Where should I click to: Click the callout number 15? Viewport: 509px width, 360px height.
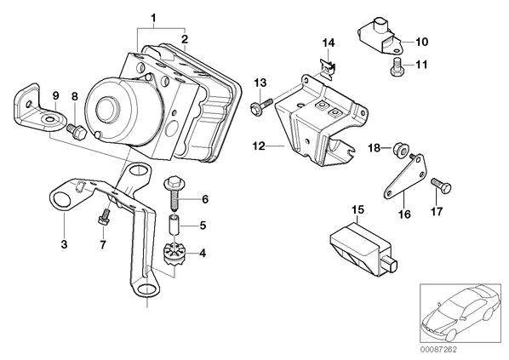click(357, 209)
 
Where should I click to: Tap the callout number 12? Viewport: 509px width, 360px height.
click(259, 146)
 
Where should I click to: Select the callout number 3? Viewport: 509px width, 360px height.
click(65, 244)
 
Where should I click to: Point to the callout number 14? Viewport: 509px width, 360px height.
click(329, 43)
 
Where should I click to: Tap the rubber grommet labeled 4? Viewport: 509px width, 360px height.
click(175, 256)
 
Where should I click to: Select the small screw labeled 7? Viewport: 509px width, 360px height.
click(103, 218)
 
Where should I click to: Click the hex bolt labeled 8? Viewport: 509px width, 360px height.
click(77, 131)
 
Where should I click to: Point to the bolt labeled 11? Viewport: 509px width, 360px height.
click(396, 67)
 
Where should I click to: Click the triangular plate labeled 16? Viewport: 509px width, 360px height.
click(405, 176)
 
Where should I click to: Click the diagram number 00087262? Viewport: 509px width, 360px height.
click(438, 350)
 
